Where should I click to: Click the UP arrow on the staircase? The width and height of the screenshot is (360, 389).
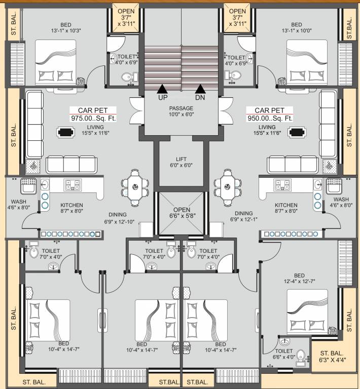pyautogui.click(x=162, y=89)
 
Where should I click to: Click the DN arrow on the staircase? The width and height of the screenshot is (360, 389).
pyautogui.click(x=200, y=89)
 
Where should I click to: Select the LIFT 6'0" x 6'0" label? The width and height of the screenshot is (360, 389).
pyautogui.click(x=181, y=162)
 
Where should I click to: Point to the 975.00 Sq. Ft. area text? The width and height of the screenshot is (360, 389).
pyautogui.click(x=93, y=119)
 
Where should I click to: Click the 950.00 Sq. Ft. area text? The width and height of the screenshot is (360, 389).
pyautogui.click(x=269, y=119)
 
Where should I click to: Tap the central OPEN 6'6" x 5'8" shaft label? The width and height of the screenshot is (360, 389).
pyautogui.click(x=181, y=213)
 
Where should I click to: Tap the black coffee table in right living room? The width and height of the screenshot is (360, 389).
pyautogui.click(x=296, y=133)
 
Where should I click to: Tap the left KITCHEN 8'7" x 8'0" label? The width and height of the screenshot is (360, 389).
pyautogui.click(x=71, y=209)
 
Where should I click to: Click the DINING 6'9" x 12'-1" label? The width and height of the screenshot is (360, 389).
pyautogui.click(x=243, y=216)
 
